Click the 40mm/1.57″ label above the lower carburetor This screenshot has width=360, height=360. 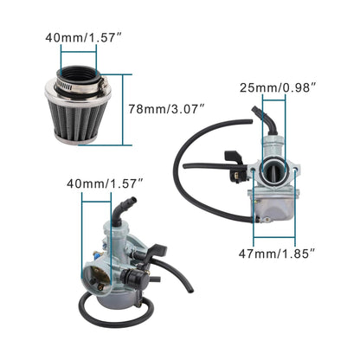click(104, 183)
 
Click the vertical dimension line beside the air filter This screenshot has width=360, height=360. click(130, 109)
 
